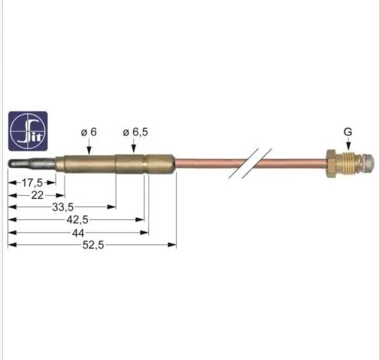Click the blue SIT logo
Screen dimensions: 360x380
[28, 130]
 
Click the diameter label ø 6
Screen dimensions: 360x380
[89, 132]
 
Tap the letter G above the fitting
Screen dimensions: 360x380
[348, 132]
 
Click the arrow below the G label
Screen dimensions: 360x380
[348, 145]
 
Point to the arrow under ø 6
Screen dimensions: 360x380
[89, 147]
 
